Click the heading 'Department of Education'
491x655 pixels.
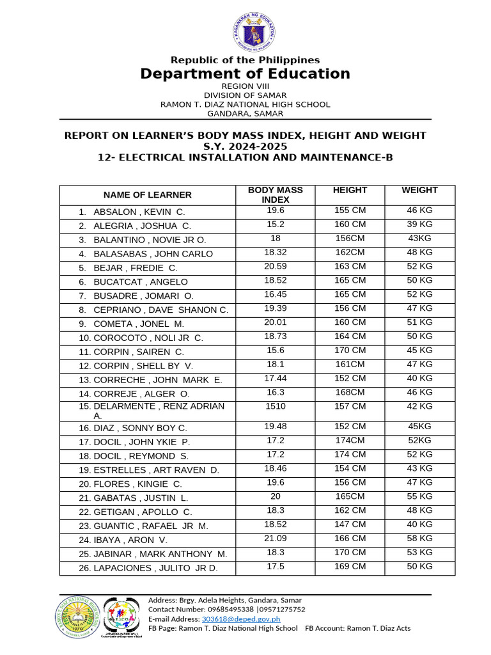(245, 74)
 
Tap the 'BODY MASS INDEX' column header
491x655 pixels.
(275, 194)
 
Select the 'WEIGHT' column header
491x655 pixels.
(419, 190)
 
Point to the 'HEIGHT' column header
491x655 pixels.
(350, 190)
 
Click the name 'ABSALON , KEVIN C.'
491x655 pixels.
(139, 212)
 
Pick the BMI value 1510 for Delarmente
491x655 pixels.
(275, 406)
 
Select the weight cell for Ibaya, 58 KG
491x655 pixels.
(419, 539)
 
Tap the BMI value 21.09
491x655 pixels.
(275, 539)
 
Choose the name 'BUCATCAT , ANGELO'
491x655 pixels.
(140, 282)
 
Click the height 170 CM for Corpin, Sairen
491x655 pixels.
(350, 351)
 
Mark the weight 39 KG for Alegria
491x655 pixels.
(419, 224)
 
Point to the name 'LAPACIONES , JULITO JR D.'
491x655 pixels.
(155, 568)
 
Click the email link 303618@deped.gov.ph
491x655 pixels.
(241, 619)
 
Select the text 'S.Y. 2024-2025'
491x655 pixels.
(245, 146)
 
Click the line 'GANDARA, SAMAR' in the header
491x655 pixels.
(245, 114)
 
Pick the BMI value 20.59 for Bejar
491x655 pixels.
(275, 266)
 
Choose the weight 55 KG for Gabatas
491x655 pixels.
(419, 496)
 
